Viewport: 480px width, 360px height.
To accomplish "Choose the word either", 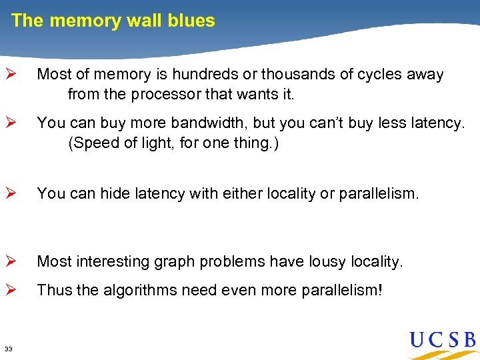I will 235,193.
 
